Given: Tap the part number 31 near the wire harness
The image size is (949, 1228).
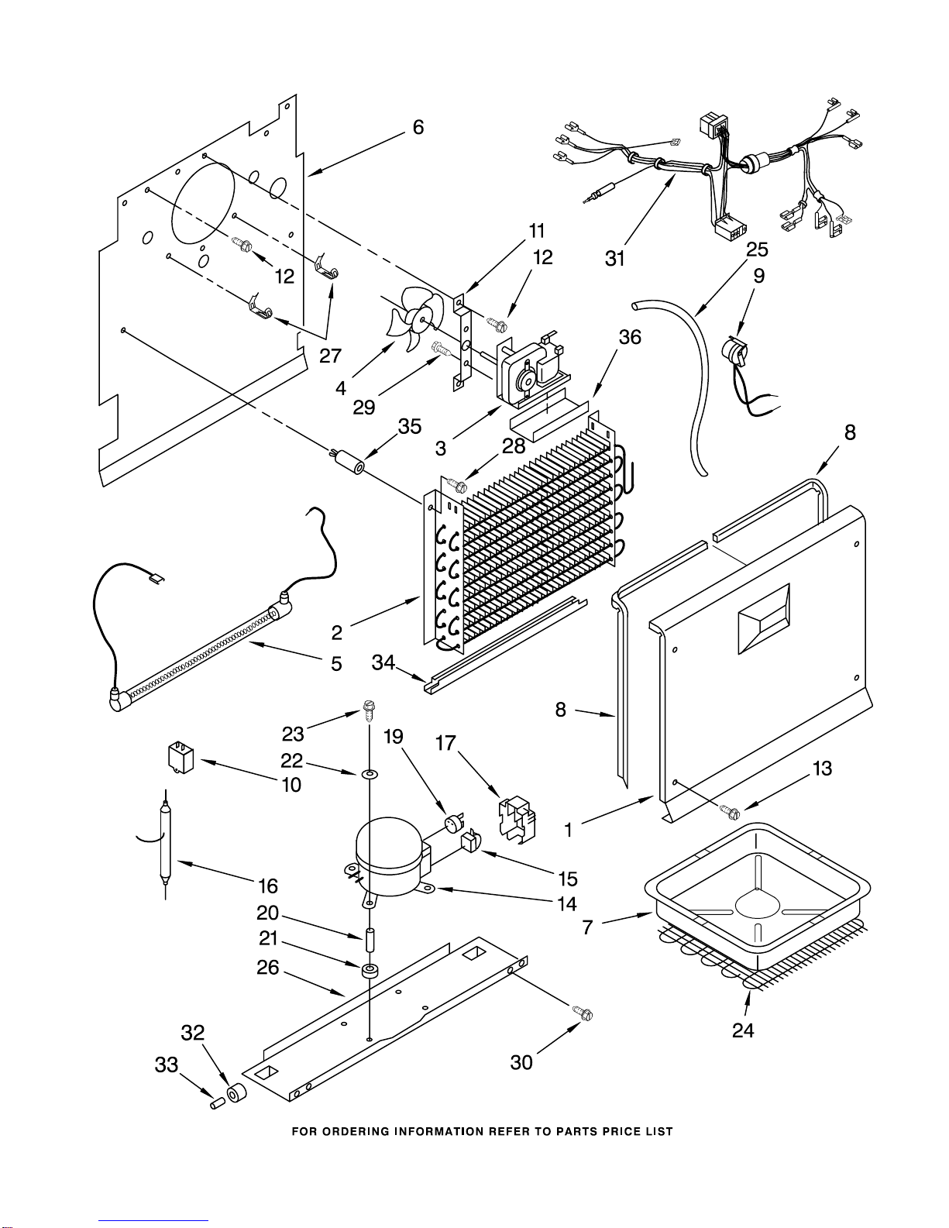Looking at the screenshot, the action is point(614,258).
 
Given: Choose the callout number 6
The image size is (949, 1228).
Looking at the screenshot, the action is point(418,128).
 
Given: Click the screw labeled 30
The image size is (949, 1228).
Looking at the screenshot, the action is point(583,1013).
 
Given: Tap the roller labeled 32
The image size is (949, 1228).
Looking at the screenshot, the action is point(237,1093).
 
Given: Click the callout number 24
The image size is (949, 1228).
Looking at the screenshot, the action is point(743,1030).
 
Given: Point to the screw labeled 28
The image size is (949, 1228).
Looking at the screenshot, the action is point(456,483).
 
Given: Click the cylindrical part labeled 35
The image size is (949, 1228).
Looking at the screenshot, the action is point(349,463).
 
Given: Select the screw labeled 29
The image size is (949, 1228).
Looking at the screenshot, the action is point(441,349).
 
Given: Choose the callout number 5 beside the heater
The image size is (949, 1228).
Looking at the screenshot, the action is point(336,663).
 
